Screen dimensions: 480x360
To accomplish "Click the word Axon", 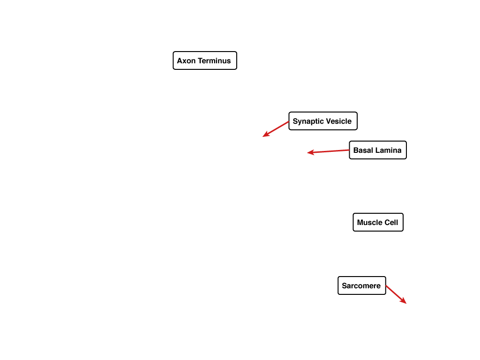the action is click(x=186, y=60).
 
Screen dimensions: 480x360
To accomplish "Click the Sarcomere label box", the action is click(x=362, y=285).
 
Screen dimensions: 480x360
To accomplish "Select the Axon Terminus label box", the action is click(x=205, y=60).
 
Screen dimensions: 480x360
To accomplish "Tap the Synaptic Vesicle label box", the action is click(x=323, y=121).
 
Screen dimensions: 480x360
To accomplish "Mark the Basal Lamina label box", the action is click(x=378, y=150).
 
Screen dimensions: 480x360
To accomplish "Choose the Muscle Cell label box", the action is click(x=378, y=222).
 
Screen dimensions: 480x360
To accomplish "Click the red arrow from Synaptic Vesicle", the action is click(x=276, y=129).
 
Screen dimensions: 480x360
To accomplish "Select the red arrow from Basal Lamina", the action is click(x=328, y=151).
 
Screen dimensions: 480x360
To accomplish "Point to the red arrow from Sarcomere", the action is click(x=396, y=294).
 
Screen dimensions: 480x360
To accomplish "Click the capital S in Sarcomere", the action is click(x=345, y=286).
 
